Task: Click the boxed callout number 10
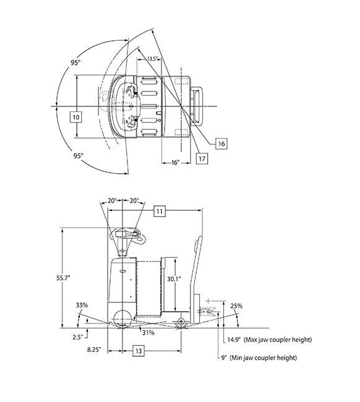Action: pos(76,117)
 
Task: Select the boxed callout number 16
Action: pos(221,143)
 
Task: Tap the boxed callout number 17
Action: pos(202,158)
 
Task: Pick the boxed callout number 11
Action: pos(160,211)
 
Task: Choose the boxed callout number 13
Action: pos(139,351)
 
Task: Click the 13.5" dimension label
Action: pos(152,59)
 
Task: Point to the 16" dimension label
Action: pos(176,163)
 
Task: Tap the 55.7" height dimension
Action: pos(63,278)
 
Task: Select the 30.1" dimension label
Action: pos(174,279)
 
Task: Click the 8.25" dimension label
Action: pos(93,349)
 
